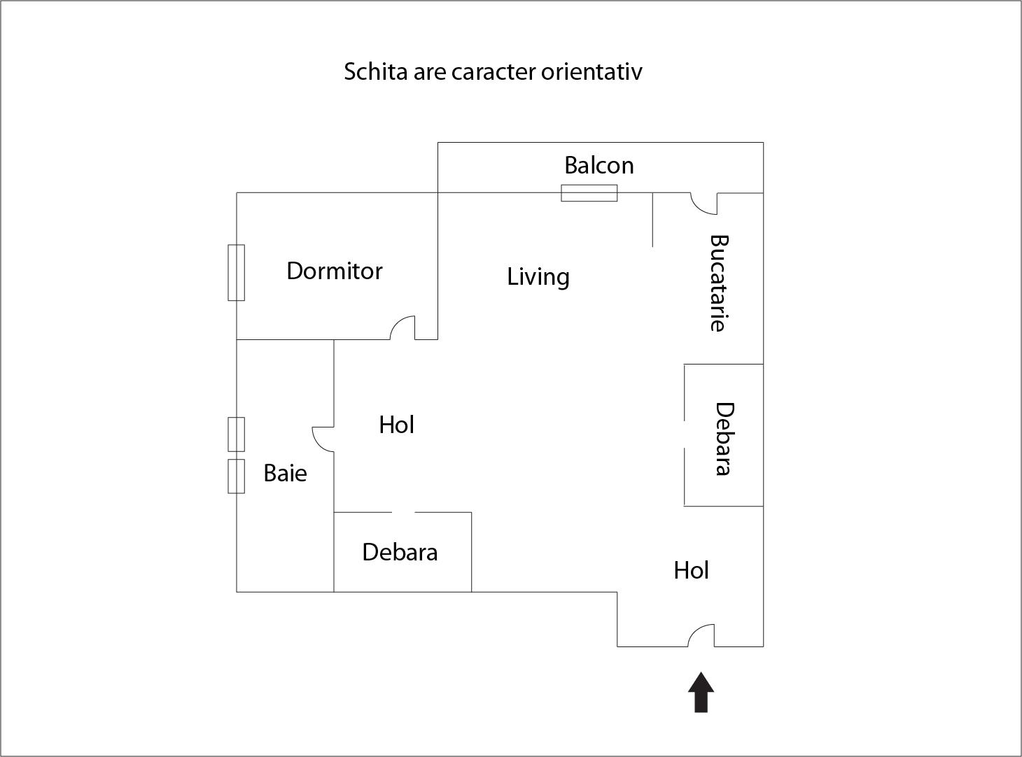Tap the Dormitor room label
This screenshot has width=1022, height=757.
pos(335,271)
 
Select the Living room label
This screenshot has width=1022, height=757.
pos(538,277)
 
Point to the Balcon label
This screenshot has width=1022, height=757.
pos(598,165)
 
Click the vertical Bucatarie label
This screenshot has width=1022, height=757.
pos(719,283)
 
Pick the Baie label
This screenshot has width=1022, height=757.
pos(285,474)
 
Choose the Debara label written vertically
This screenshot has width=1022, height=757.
pos(724,439)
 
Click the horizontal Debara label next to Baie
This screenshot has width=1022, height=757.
pos(400,552)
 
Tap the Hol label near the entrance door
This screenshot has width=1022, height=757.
pos(691,570)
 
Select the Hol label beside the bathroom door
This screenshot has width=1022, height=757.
pos(396,425)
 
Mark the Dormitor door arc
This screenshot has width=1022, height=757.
pos(403,328)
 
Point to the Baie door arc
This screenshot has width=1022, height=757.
pos(323,439)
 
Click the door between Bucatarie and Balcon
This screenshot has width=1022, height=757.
pos(703,204)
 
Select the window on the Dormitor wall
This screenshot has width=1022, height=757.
pos(237,272)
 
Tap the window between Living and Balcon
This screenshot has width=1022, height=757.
pos(589,193)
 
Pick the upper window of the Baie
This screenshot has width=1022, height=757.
pos(237,434)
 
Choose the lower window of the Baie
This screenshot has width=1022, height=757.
pos(237,476)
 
